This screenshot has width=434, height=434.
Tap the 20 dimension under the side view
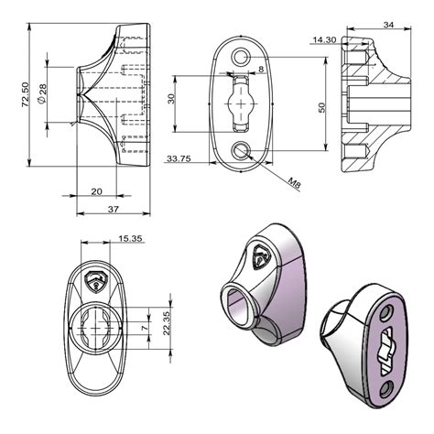click(96, 190)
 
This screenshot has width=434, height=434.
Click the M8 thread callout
click(295, 184)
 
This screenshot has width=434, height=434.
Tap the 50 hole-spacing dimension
click(321, 107)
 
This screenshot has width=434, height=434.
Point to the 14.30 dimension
click(324, 40)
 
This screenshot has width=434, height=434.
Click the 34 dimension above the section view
click(388, 25)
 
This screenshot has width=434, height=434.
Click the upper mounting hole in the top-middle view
click(242, 58)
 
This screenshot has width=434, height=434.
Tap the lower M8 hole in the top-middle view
click(242, 151)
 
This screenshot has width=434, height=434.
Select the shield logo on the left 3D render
click(259, 257)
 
